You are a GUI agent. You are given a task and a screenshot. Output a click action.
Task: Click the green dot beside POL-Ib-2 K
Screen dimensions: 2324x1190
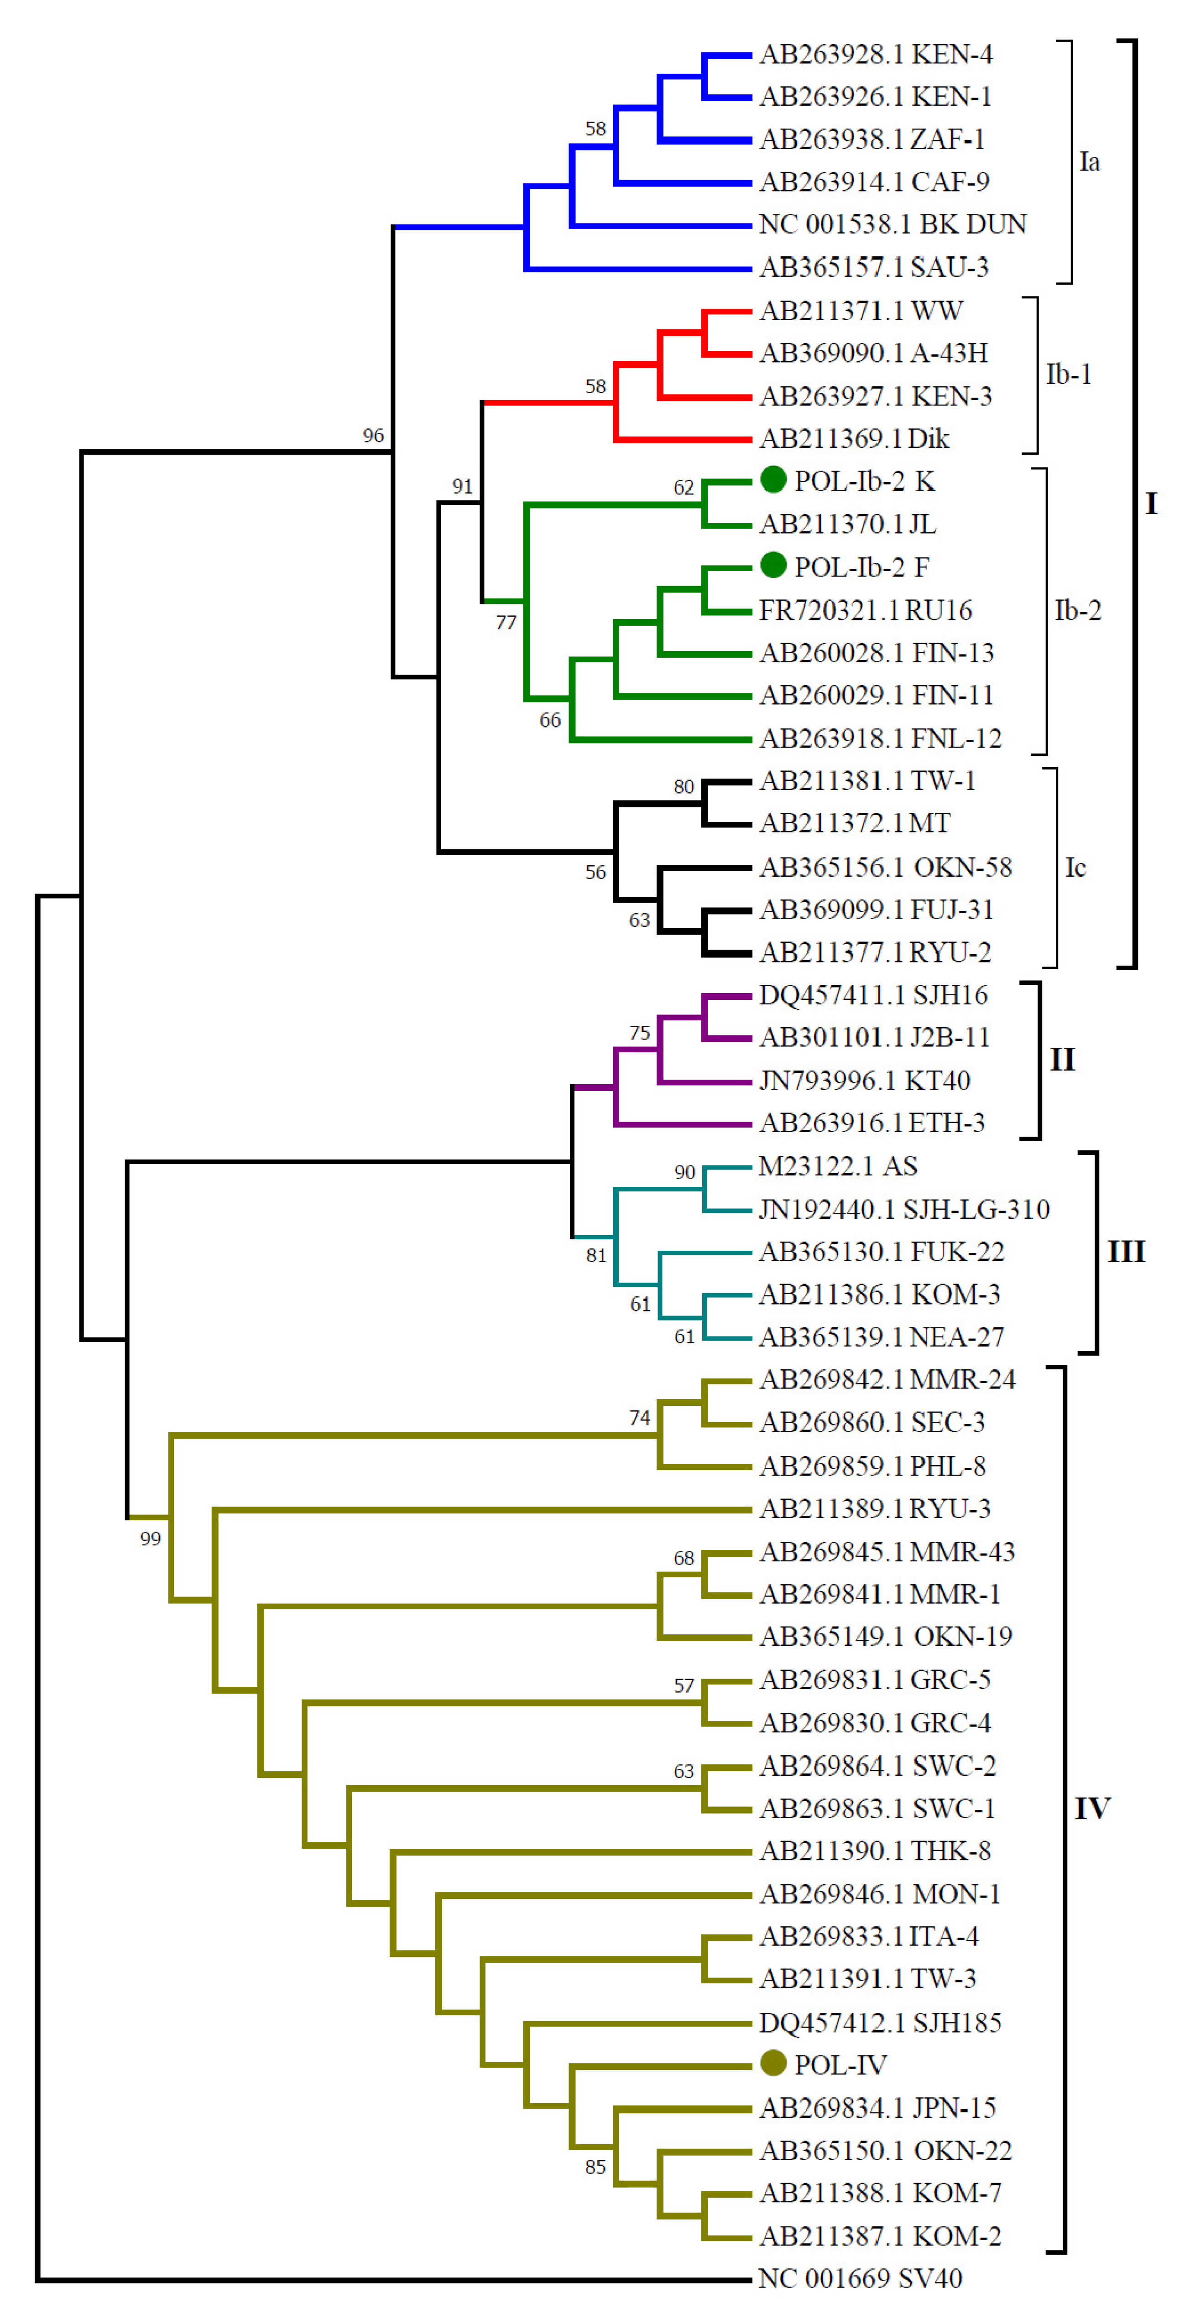[772, 480]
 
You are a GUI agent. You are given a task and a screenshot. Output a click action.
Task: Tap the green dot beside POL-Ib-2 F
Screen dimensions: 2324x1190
[772, 566]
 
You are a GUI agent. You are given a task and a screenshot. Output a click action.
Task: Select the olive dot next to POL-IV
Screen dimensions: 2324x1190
[772, 2062]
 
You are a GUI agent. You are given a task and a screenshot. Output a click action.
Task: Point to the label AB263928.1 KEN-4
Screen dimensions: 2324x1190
[875, 55]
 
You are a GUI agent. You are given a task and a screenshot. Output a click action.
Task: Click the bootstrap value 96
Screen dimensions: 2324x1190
[373, 436]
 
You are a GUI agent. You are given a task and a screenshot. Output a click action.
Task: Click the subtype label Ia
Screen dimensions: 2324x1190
[1089, 162]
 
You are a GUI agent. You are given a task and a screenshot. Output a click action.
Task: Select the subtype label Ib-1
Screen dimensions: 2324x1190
[1068, 374]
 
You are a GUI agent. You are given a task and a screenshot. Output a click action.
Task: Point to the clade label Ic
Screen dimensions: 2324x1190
[1075, 868]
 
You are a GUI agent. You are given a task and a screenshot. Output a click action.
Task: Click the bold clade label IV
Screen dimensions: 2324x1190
[1091, 1808]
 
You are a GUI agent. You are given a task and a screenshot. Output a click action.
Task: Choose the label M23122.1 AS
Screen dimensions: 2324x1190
[837, 1166]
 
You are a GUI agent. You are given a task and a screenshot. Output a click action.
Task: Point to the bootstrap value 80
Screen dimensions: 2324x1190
[683, 787]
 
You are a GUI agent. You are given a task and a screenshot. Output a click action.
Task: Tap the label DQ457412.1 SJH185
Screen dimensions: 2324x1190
[880, 2022]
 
